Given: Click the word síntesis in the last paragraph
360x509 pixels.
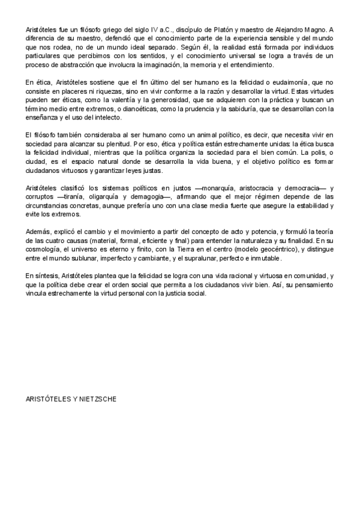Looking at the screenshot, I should coord(46,275).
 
